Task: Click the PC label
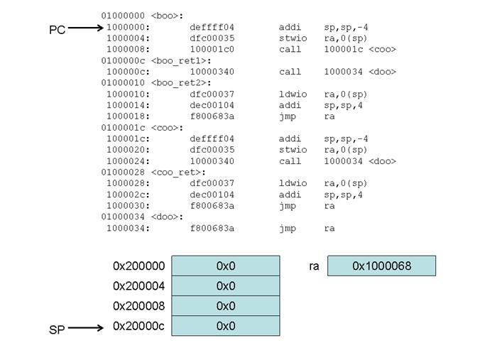[x=57, y=30]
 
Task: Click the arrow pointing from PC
[x=85, y=29]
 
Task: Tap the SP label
[x=57, y=330]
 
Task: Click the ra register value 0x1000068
[x=381, y=266]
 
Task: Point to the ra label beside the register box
[x=314, y=266]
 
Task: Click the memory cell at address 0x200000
[x=226, y=266]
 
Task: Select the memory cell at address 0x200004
[x=226, y=285]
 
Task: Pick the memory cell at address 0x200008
[x=226, y=306]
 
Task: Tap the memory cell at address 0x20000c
[x=226, y=326]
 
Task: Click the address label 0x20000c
[x=138, y=326]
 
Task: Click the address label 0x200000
[x=138, y=266]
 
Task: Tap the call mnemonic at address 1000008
[x=290, y=50]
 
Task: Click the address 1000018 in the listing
[x=128, y=116]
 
